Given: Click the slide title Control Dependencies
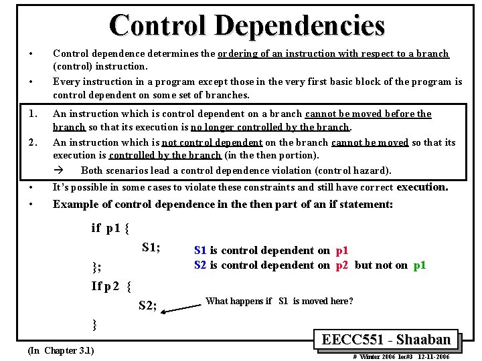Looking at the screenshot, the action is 247,26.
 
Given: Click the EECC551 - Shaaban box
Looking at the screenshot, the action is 386,339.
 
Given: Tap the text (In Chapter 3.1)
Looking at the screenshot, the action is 61,350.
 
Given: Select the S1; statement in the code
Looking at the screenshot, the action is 151,247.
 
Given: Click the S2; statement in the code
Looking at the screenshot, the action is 147,306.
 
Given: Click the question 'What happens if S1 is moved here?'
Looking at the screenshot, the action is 279,301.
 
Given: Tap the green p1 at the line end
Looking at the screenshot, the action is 420,265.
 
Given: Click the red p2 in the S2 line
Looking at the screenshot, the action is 341,265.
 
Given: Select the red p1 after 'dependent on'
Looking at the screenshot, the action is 341,251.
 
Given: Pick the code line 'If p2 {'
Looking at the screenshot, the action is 111,286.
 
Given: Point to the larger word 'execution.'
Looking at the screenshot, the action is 422,187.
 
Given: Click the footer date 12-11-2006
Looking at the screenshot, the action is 432,357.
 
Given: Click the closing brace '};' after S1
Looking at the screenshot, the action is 96,268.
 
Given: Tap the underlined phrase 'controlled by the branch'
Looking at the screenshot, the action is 165,155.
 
